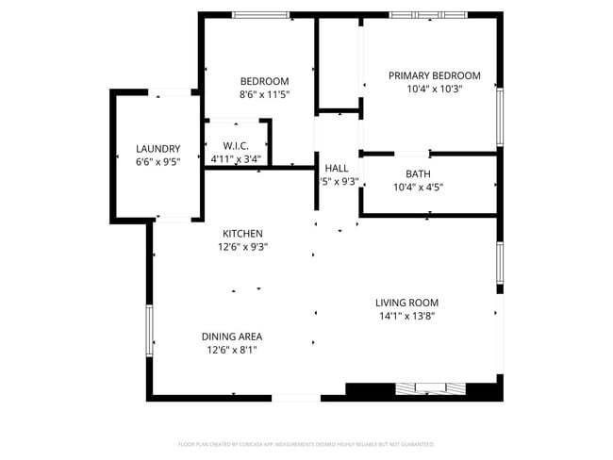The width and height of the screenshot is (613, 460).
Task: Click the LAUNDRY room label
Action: (x=157, y=149)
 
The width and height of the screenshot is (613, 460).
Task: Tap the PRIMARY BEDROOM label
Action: (x=435, y=75)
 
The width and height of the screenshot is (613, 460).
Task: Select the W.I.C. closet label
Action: (x=235, y=145)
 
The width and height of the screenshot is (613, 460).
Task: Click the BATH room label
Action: (x=418, y=173)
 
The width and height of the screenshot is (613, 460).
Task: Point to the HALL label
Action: (x=337, y=168)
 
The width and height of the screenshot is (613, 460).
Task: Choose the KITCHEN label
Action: (x=242, y=234)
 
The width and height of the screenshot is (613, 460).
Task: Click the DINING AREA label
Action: (x=231, y=337)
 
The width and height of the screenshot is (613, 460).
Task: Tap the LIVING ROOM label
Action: (x=406, y=303)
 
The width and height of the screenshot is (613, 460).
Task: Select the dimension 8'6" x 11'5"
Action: (x=264, y=94)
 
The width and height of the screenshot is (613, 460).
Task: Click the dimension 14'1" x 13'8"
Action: (x=406, y=316)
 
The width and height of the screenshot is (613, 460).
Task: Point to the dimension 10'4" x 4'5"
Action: (x=418, y=187)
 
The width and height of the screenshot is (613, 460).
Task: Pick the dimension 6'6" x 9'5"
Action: (x=157, y=162)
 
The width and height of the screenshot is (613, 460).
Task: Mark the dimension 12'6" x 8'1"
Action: (x=231, y=350)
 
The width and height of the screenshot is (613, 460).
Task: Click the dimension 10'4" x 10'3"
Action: (x=435, y=89)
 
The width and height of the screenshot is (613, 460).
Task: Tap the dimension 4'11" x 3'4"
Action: (x=235, y=158)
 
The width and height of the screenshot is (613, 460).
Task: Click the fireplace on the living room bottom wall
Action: (x=430, y=387)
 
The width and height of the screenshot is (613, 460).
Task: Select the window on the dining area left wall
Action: (x=148, y=334)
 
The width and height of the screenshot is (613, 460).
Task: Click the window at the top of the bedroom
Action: (x=260, y=15)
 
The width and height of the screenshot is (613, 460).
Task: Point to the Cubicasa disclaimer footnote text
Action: (x=306, y=443)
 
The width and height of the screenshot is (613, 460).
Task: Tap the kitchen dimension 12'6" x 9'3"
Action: (x=242, y=247)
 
